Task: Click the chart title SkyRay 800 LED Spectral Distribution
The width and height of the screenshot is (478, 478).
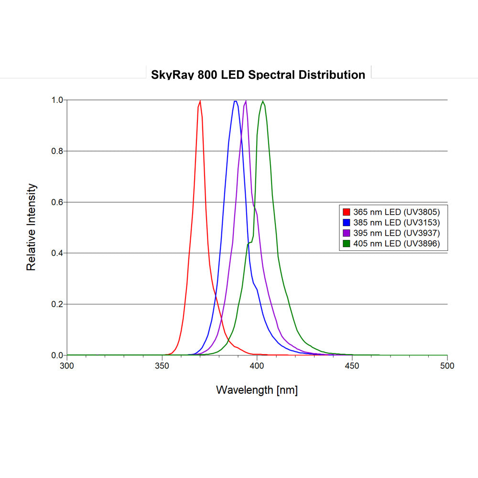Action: pyautogui.click(x=258, y=75)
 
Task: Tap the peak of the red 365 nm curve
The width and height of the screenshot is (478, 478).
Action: pyautogui.click(x=200, y=101)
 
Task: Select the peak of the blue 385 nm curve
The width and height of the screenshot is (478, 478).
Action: pyautogui.click(x=235, y=101)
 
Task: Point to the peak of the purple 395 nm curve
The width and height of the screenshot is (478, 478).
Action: pyautogui.click(x=246, y=101)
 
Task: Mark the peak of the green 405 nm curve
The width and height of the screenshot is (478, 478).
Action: pyautogui.click(x=262, y=101)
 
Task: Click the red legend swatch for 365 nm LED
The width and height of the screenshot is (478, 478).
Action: pyautogui.click(x=347, y=211)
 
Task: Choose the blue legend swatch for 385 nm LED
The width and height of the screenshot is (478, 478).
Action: pyautogui.click(x=347, y=222)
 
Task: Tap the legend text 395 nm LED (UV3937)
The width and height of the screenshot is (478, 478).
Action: pyautogui.click(x=396, y=233)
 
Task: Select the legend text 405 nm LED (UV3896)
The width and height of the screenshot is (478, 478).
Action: pyautogui.click(x=396, y=244)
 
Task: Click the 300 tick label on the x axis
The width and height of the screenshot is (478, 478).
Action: pyautogui.click(x=67, y=366)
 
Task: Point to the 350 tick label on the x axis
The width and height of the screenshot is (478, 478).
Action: pyautogui.click(x=163, y=366)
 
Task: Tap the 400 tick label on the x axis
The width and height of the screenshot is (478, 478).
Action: pyautogui.click(x=257, y=366)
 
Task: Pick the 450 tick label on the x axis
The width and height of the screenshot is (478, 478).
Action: pyautogui.click(x=352, y=366)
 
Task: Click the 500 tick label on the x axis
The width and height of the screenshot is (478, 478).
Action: pyautogui.click(x=447, y=366)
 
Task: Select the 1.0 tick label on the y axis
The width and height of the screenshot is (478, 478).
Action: pyautogui.click(x=57, y=100)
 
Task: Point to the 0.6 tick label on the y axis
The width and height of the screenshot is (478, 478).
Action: pyautogui.click(x=57, y=202)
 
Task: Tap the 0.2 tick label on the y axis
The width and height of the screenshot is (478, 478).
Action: pyautogui.click(x=57, y=304)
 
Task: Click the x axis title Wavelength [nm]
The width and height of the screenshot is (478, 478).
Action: pyautogui.click(x=257, y=390)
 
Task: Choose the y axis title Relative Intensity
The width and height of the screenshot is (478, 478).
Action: pyautogui.click(x=32, y=227)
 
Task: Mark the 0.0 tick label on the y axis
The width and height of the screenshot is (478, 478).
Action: pyautogui.click(x=57, y=355)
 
